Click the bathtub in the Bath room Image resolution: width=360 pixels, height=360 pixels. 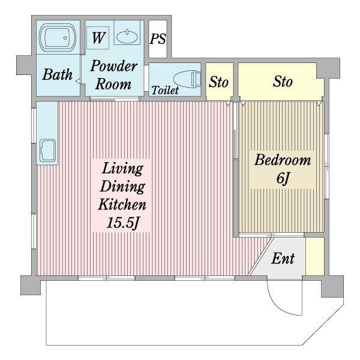pos(58,37)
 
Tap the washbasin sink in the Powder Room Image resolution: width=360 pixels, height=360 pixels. pos(127,37)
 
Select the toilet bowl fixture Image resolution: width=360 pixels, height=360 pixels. pos(187,79)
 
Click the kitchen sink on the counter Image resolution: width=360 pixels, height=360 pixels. pos(47,151)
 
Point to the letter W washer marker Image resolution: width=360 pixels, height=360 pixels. pos(98,37)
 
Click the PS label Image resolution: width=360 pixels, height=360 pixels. pos(157,39)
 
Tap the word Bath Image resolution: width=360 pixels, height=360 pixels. pos(58,74)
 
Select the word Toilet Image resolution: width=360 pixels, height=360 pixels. pos(165,90)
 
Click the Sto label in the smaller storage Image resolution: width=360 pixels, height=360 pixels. pos(218,82)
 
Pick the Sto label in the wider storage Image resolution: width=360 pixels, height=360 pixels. pos(283,82)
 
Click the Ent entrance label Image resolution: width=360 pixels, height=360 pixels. pos(283,259)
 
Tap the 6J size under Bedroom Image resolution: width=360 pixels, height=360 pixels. pos(283,178)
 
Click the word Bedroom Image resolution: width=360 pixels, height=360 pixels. pos(283,160)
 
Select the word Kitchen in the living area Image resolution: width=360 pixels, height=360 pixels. pos(122,204)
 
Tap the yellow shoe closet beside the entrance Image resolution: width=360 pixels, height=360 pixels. pos(315,256)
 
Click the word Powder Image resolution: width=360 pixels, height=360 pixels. pos(114,66)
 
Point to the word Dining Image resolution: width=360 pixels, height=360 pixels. pos(122,187)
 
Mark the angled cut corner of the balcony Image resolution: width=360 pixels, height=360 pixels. pos(323,325)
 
